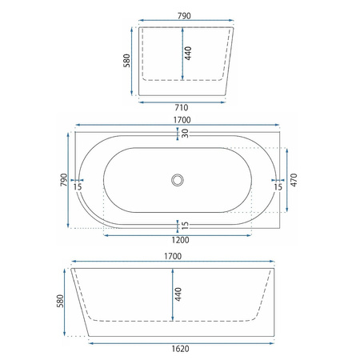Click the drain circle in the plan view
(x=178, y=180)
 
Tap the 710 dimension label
(x=182, y=108)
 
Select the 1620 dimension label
(x=180, y=349)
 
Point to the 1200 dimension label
(x=180, y=240)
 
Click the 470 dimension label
(x=294, y=180)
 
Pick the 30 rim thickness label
(x=185, y=133)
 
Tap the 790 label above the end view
(x=184, y=16)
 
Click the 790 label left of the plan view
(x=64, y=180)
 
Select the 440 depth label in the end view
(x=188, y=54)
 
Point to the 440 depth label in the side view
(x=178, y=294)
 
